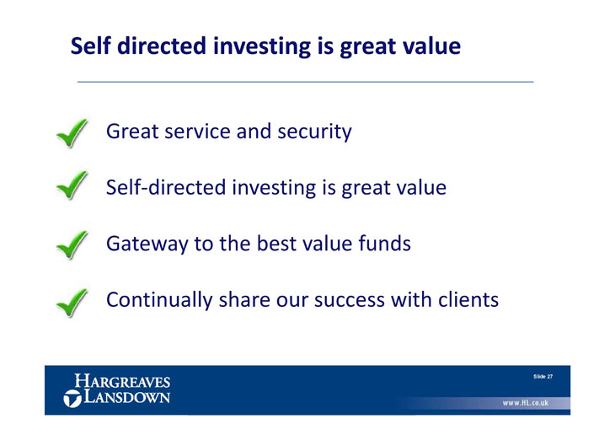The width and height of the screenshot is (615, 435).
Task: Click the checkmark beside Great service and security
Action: point(72,133)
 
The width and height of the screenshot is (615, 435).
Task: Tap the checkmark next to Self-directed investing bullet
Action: point(72,185)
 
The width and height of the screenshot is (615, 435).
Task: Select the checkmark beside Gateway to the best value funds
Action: point(72,245)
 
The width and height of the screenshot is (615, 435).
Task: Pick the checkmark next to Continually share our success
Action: point(72,303)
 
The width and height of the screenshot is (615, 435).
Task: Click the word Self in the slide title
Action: point(90,46)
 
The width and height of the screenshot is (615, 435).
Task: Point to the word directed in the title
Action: point(162,46)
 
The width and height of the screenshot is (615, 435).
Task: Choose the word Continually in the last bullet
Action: point(159,300)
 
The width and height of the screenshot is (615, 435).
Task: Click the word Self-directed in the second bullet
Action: point(166,187)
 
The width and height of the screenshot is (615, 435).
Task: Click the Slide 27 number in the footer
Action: point(543,377)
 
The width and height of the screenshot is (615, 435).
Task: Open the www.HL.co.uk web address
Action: point(526,403)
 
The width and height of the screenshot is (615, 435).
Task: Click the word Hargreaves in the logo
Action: point(122,381)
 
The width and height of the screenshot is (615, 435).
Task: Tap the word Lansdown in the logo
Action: point(127,396)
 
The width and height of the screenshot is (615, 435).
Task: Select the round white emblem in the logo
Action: point(72,399)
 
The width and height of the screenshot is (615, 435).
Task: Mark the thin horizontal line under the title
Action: point(306,82)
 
